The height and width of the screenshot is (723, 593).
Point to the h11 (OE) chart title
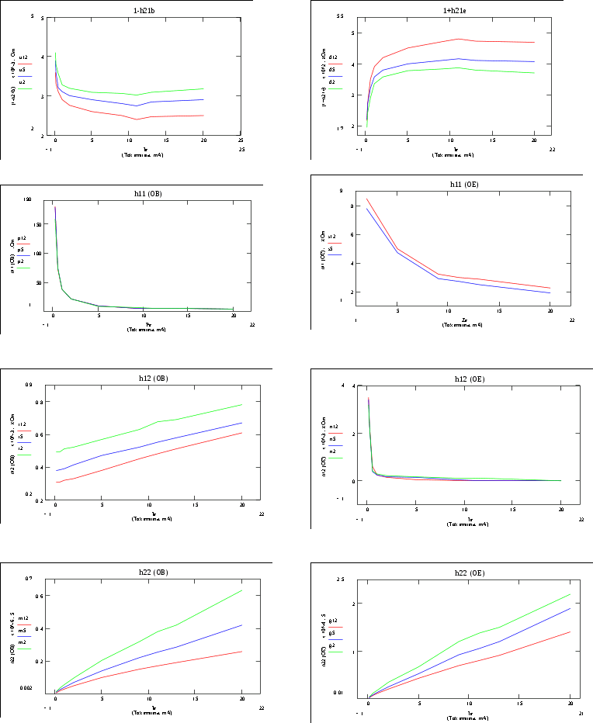click(457, 185)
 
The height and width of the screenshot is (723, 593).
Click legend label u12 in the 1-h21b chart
click(24, 57)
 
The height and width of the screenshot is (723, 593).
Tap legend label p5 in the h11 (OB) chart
click(21, 250)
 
